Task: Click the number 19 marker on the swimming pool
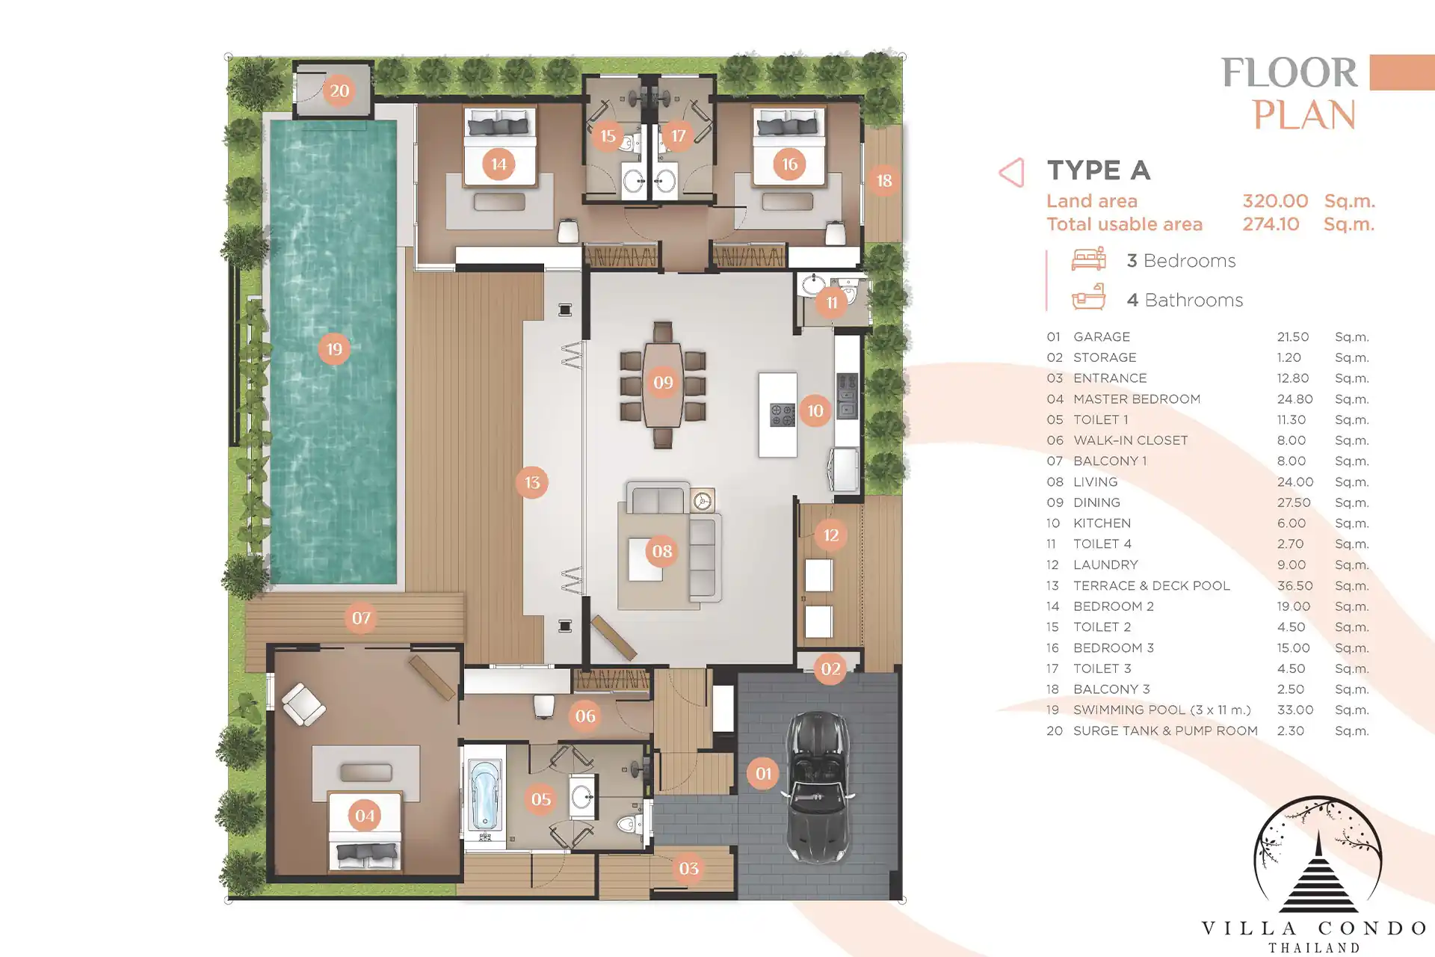[334, 348]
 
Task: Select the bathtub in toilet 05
[484, 797]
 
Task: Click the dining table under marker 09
[663, 385]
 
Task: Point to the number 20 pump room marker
[339, 90]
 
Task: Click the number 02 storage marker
[830, 668]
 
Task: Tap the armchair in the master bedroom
[303, 704]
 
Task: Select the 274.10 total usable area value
[1271, 224]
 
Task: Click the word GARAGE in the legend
[1102, 337]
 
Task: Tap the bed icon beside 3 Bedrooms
[1088, 259]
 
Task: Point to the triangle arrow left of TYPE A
[1011, 173]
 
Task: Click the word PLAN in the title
[1304, 115]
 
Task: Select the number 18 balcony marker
[884, 180]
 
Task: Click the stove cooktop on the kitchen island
[783, 415]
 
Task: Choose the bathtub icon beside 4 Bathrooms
[1088, 298]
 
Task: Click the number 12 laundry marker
[830, 535]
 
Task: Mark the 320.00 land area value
[1275, 201]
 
